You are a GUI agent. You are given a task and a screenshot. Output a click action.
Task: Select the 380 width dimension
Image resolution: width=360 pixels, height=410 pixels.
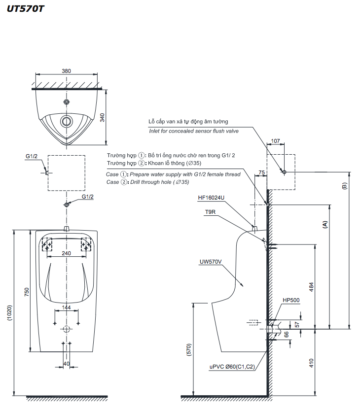pos(66,71)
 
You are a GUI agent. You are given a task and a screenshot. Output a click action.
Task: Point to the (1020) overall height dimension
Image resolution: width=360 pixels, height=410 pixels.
pos(9,313)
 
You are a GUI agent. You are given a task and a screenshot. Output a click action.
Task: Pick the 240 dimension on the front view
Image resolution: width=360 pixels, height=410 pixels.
pos(67,253)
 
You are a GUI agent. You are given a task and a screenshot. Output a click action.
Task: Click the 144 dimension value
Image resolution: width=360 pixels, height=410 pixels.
pos(67,308)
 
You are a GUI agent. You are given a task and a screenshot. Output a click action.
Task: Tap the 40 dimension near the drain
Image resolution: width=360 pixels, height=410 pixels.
pos(67,364)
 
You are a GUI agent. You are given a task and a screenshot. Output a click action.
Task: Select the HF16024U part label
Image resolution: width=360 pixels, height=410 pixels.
pos(211,198)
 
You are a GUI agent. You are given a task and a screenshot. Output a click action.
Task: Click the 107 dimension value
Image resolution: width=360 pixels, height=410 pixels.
pos(275,141)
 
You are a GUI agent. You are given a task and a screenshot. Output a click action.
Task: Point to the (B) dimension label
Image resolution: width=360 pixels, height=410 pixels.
pos(344,186)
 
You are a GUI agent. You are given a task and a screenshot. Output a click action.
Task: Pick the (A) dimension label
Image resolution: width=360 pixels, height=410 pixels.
pos(325,224)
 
